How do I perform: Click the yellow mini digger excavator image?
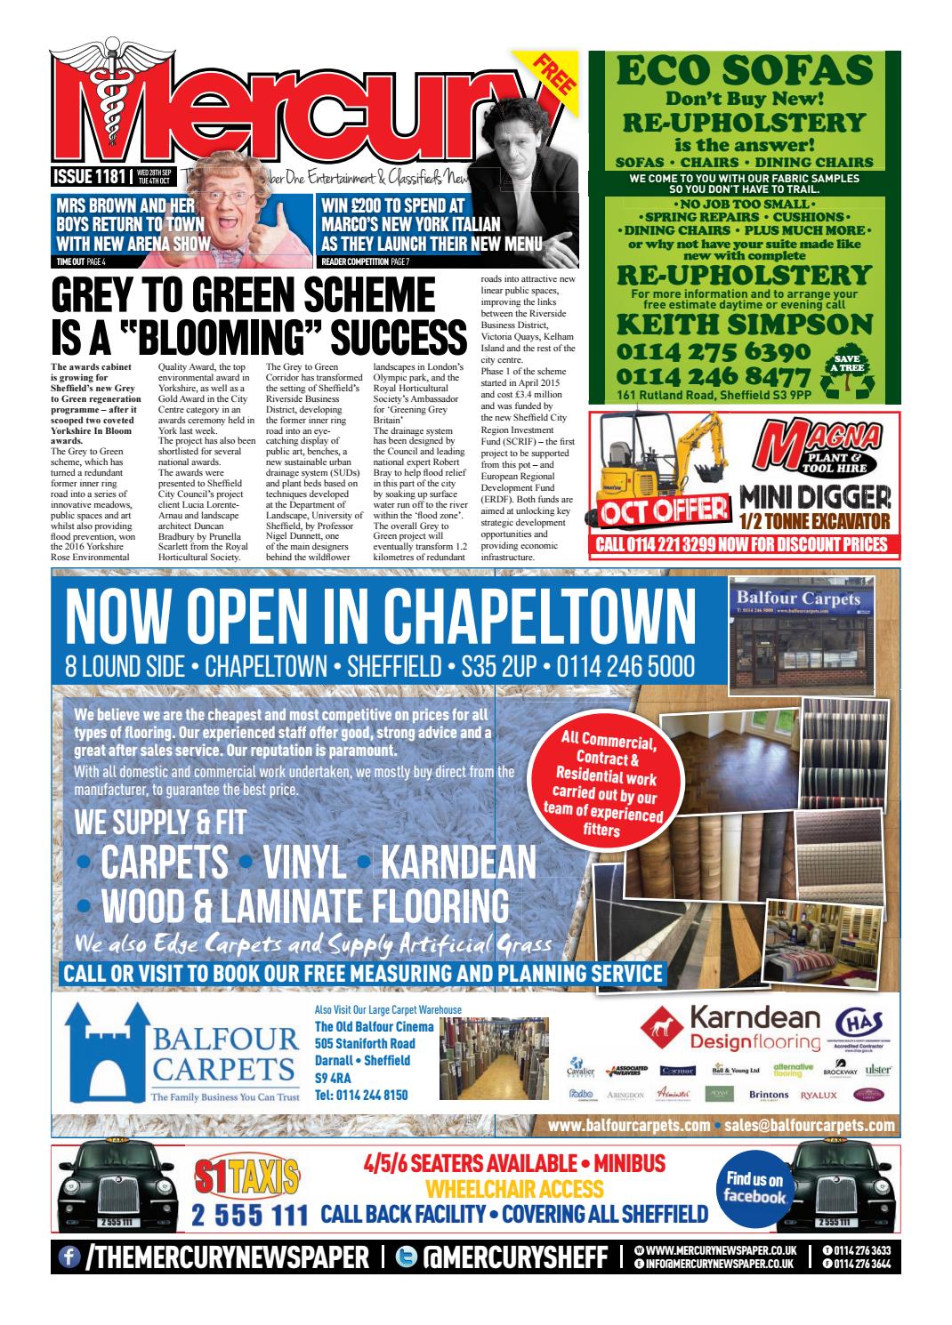[x=663, y=471]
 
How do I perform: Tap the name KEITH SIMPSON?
[x=744, y=322]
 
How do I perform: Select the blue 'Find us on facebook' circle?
[x=754, y=1188]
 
